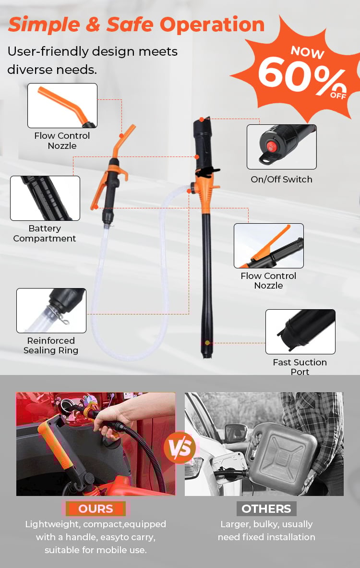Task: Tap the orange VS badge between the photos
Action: pos(180,448)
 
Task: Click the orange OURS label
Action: pos(96,508)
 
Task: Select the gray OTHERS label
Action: pos(266,508)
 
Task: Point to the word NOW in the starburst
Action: pos(308,52)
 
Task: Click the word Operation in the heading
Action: pos(212,24)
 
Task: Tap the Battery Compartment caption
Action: pos(45,233)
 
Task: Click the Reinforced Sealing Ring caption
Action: pos(51,345)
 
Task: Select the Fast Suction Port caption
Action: pos(300,367)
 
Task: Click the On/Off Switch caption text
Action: pos(281,179)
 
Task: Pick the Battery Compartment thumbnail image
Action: pos(45,198)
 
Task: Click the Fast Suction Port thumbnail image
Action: pos(300,331)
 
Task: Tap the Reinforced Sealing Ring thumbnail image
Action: pos(51,311)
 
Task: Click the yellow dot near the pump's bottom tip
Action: pos(207,343)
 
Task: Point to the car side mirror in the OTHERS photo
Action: pos(236,433)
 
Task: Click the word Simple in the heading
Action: pos(44,24)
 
